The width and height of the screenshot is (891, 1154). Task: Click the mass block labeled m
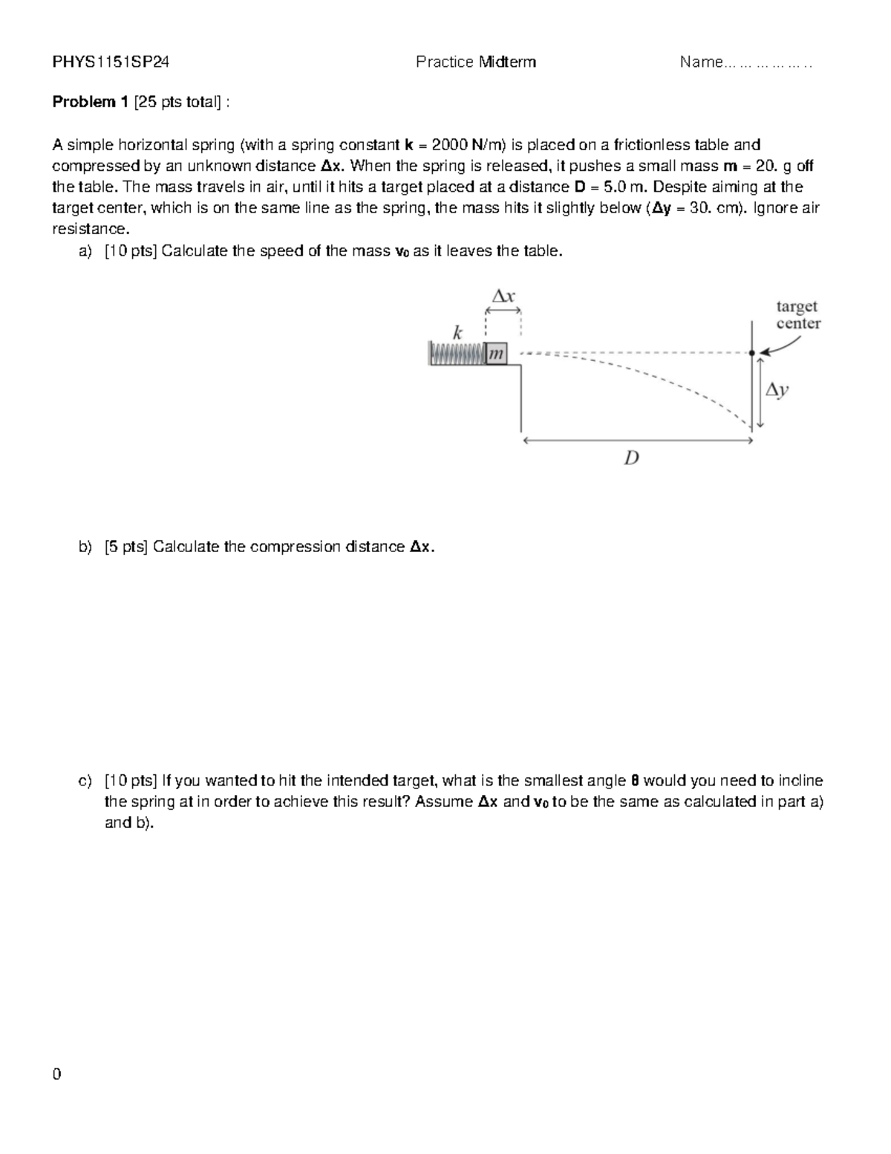496,354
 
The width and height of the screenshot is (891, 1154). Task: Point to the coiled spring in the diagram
457,354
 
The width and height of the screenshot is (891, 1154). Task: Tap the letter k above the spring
458,331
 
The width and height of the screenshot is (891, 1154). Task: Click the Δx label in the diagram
503,296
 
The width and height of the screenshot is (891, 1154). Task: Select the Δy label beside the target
777,389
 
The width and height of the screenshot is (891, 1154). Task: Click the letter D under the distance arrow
631,458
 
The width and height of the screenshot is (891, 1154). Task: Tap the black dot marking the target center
753,352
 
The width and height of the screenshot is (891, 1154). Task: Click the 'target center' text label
797,315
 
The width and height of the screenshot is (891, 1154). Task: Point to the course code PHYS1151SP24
111,62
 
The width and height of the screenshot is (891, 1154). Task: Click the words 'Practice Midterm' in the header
475,62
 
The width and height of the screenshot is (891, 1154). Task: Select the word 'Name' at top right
701,62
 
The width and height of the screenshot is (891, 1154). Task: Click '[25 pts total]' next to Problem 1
177,103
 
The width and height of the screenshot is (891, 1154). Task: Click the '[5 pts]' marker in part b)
126,548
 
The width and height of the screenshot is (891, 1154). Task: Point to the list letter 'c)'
85,781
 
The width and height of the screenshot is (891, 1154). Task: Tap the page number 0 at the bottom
56,1074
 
